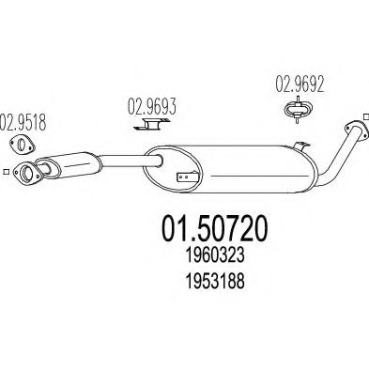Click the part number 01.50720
(215, 229)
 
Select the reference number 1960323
(215, 255)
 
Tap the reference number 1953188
(215, 281)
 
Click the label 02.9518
(23, 123)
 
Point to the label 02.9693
(152, 106)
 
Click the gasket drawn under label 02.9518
(22, 145)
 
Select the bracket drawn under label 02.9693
(152, 124)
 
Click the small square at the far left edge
(6, 172)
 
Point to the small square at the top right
(366, 116)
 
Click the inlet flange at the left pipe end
(27, 173)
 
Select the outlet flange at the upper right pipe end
(355, 130)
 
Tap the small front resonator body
(68, 164)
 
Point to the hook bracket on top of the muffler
(301, 147)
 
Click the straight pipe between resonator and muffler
(131, 161)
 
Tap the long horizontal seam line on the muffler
(258, 176)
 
